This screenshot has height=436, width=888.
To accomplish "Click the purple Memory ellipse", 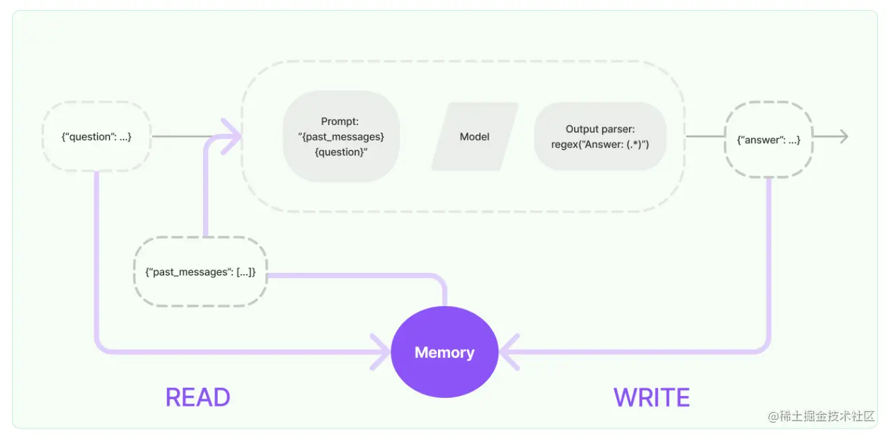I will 444,352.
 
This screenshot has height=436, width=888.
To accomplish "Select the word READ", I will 198,398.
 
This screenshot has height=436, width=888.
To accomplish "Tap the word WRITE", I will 652,398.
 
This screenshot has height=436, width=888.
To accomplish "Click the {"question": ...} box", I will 96,137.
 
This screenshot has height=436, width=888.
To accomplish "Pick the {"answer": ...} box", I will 768,140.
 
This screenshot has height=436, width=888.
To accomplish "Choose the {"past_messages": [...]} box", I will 200,272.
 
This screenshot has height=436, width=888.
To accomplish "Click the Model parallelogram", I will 475,136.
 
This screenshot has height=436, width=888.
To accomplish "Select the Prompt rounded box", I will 341,136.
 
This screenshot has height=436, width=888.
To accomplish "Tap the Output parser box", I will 600,136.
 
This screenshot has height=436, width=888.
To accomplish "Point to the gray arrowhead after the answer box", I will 843,136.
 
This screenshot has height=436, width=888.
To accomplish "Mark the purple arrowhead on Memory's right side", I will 507,352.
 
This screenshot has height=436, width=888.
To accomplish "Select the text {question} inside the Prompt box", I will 341,152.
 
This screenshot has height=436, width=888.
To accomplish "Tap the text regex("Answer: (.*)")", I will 600,144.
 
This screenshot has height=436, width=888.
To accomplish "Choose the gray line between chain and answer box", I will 704,136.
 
